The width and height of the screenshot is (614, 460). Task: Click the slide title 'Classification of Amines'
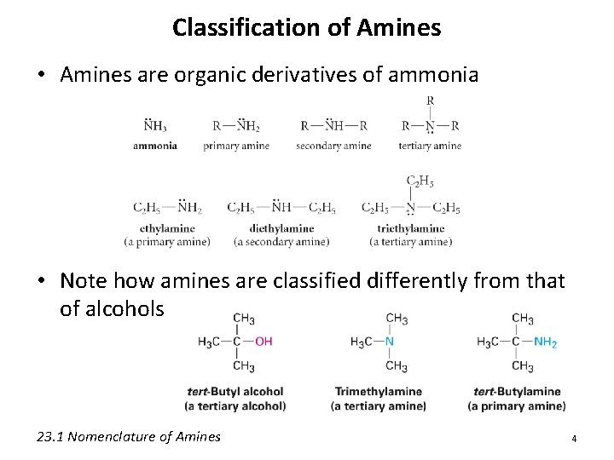click(x=306, y=27)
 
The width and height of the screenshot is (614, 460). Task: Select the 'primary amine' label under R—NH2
click(x=236, y=146)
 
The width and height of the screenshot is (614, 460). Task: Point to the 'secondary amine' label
click(x=333, y=146)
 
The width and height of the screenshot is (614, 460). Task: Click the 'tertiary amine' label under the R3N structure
click(x=430, y=146)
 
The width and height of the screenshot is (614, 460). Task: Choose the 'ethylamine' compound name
click(x=168, y=228)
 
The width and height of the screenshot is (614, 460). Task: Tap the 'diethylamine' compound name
click(x=281, y=228)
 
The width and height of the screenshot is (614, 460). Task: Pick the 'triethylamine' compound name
click(x=412, y=228)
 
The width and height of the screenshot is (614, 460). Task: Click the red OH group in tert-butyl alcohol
click(x=264, y=342)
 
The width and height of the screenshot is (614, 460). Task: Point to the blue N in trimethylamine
click(x=390, y=342)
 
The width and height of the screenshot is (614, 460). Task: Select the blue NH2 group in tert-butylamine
click(x=545, y=342)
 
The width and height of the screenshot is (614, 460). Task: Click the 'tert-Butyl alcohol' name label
click(x=236, y=392)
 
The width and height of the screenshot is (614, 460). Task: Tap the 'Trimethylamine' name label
click(x=378, y=392)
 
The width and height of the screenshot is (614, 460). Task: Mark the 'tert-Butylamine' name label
click(x=517, y=392)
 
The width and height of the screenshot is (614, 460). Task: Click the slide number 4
click(x=574, y=438)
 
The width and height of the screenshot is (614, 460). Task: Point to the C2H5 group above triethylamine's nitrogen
click(x=420, y=181)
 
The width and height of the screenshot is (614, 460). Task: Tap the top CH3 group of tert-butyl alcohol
click(x=243, y=319)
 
